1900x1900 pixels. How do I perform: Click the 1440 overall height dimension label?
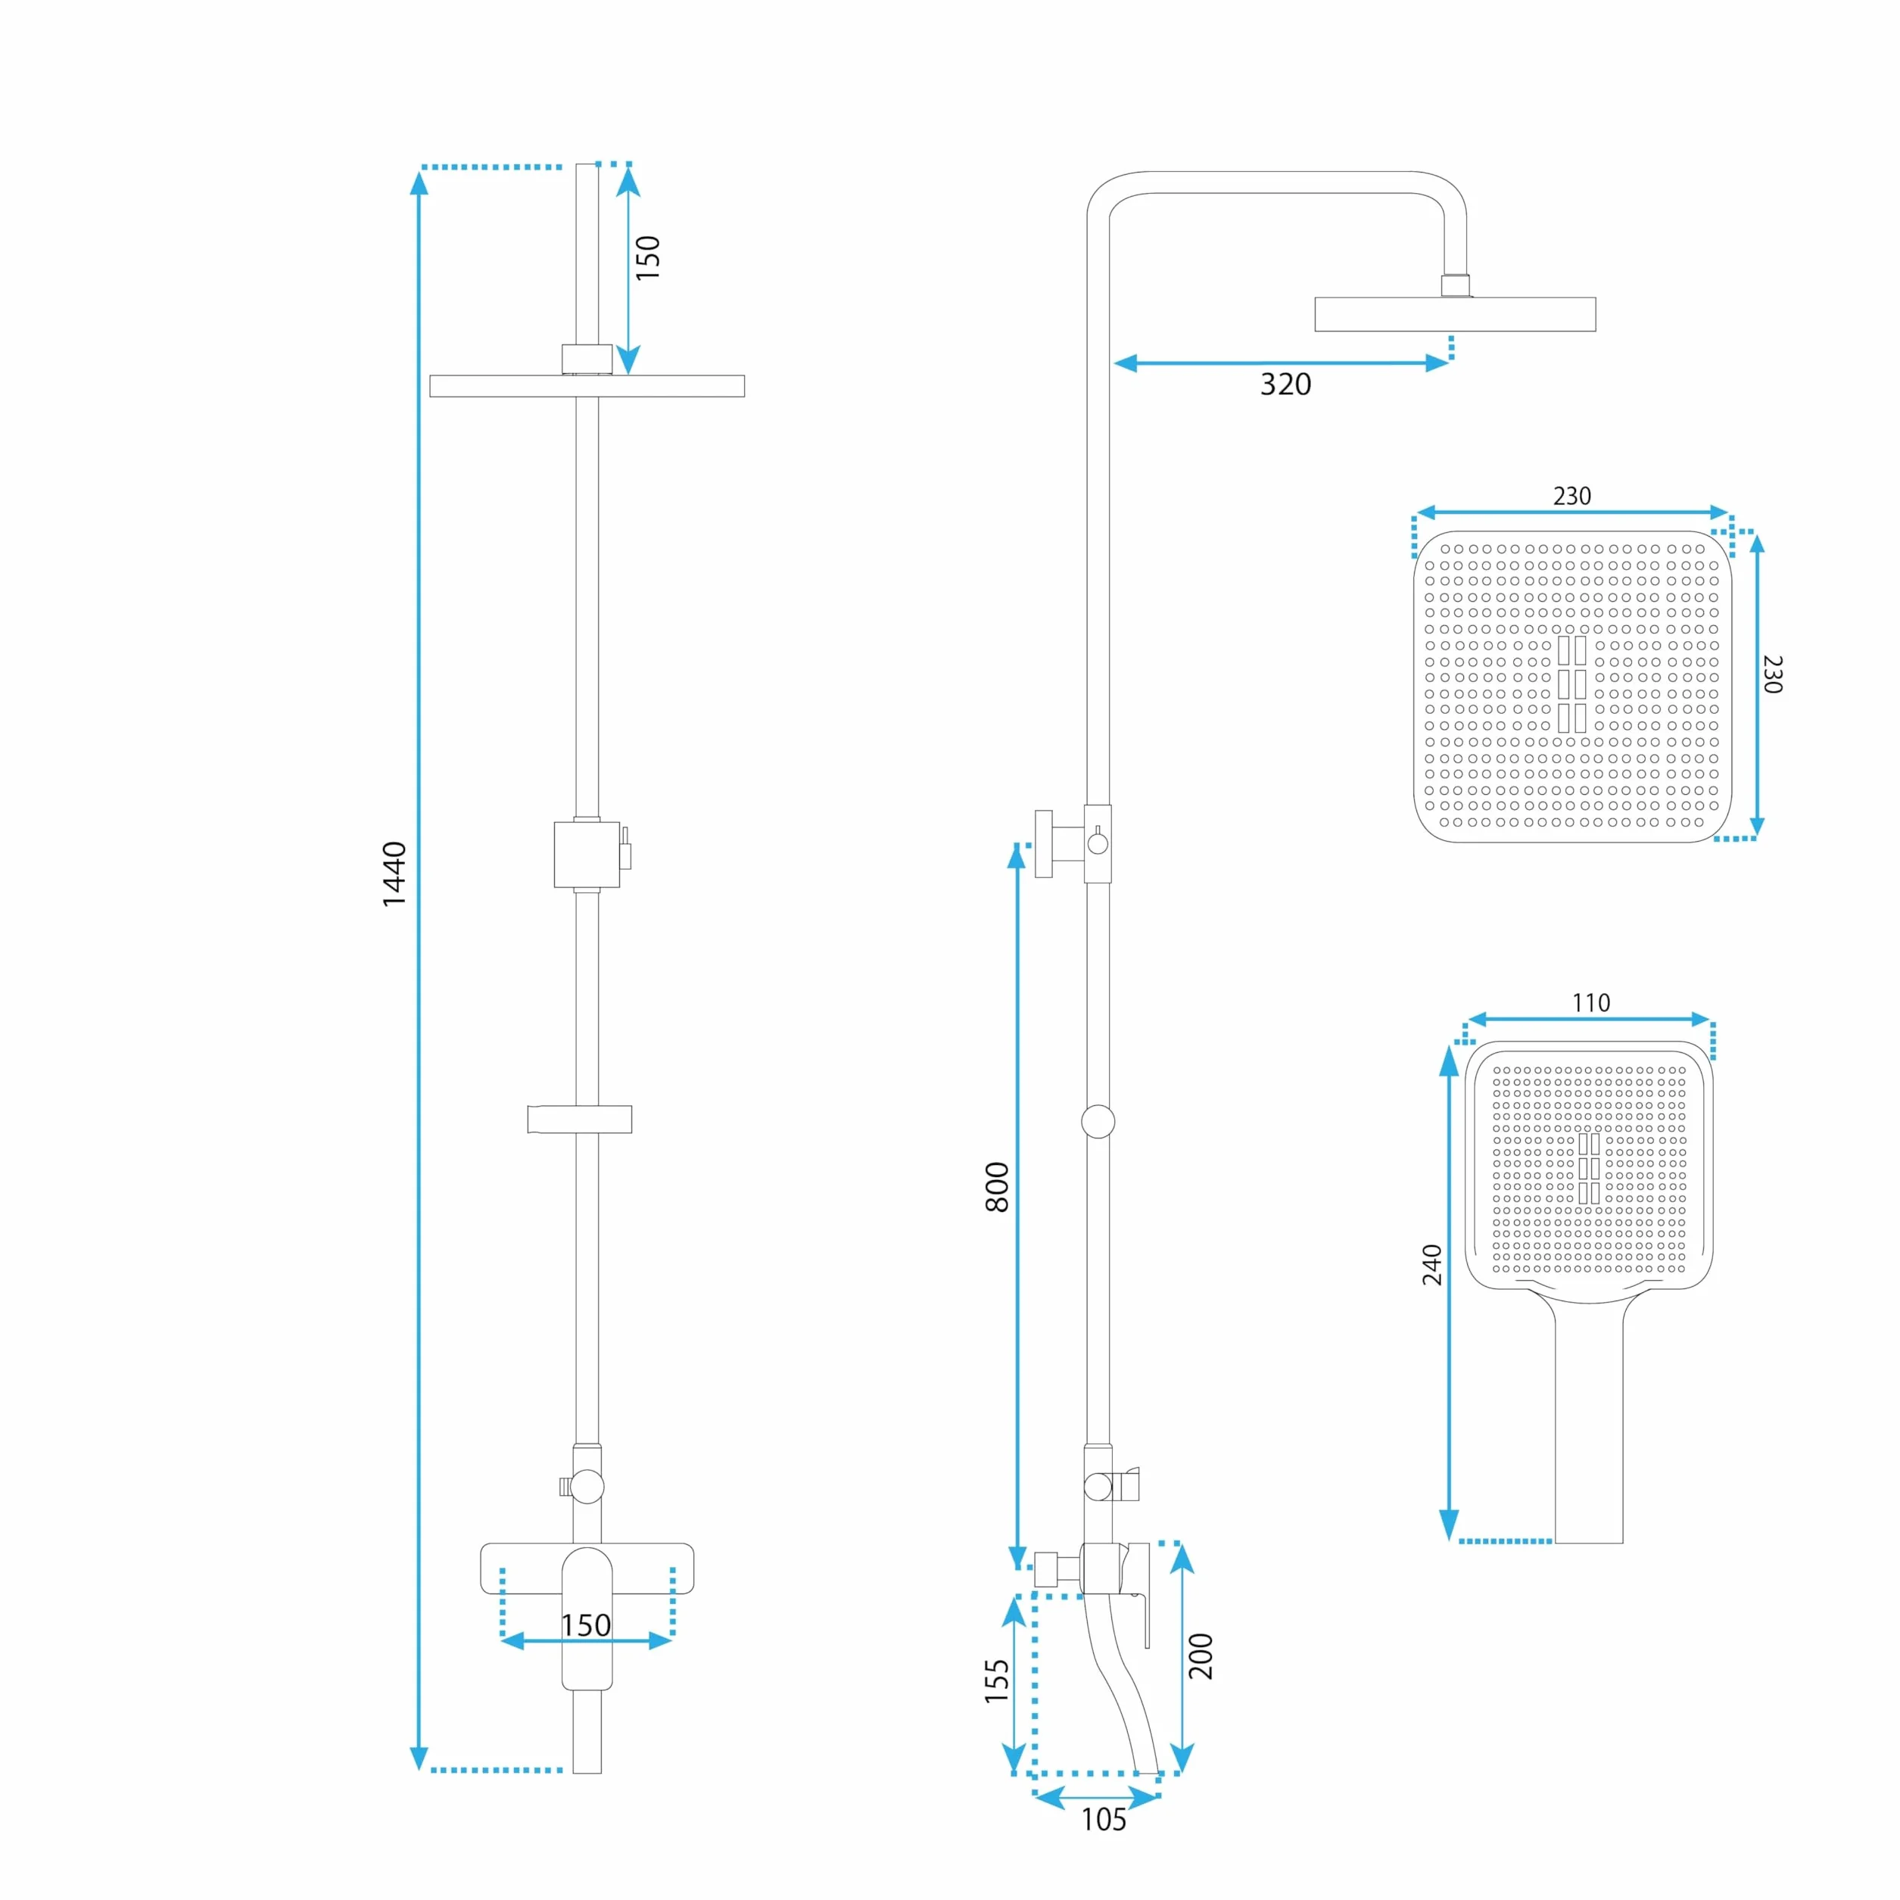tap(394, 874)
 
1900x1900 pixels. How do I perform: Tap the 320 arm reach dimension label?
tap(1285, 385)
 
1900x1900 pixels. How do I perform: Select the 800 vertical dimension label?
tap(997, 1187)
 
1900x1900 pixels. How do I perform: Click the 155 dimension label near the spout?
tap(997, 1680)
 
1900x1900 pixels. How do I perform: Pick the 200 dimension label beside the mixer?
tap(1201, 1656)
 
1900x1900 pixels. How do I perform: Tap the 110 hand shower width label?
tap(1590, 1003)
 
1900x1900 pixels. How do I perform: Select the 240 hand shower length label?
tap(1432, 1265)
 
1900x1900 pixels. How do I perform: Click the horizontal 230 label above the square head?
tap(1571, 497)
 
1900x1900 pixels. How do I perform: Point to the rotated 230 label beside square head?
tap(1772, 674)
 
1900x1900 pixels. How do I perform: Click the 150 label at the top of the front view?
tap(648, 257)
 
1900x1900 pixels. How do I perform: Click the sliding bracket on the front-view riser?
tap(579, 1119)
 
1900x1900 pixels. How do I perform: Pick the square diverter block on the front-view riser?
tap(587, 854)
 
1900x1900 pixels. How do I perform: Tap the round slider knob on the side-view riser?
tap(1098, 1121)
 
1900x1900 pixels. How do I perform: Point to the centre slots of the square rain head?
tap(1571, 684)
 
